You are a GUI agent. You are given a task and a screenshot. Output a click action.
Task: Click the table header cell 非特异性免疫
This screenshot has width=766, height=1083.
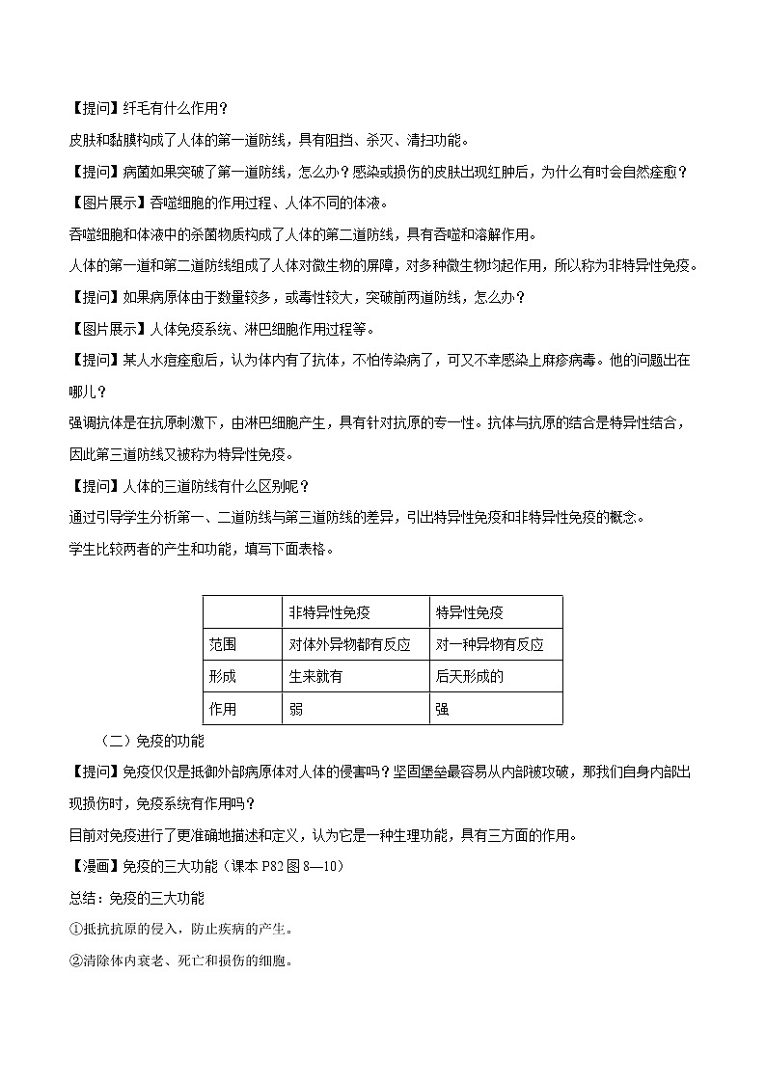pos(330,612)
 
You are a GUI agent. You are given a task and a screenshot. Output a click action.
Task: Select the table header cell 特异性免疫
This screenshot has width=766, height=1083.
pos(470,612)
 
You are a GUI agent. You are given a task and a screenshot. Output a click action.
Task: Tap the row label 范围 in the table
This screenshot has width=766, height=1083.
pos(222,644)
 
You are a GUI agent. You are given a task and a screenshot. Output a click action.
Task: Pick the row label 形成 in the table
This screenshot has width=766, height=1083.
pos(222,676)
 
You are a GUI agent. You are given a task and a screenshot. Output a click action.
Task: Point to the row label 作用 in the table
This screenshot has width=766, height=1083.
pos(222,709)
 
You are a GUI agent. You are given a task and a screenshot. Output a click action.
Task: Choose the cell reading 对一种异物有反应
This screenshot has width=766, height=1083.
pos(489,644)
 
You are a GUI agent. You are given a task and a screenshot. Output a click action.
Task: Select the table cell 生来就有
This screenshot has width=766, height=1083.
pos(315,676)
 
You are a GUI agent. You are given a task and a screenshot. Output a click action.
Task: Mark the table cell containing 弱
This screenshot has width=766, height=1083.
pos(295,709)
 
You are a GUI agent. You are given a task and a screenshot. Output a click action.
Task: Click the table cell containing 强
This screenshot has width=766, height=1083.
pos(442,709)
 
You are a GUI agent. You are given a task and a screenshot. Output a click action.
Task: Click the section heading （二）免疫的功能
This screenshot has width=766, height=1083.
pos(151,742)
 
